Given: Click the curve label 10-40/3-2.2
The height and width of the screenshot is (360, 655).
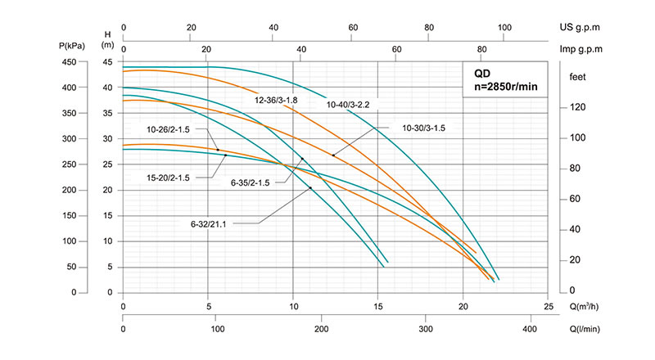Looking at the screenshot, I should pyautogui.click(x=350, y=104).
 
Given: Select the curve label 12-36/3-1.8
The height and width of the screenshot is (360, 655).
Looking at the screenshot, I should pyautogui.click(x=277, y=100).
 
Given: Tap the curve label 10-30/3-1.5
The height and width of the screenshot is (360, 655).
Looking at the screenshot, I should pyautogui.click(x=428, y=128).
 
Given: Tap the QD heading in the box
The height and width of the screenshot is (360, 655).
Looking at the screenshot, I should pyautogui.click(x=483, y=72).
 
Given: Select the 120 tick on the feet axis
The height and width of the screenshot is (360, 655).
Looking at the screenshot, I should pyautogui.click(x=576, y=106).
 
